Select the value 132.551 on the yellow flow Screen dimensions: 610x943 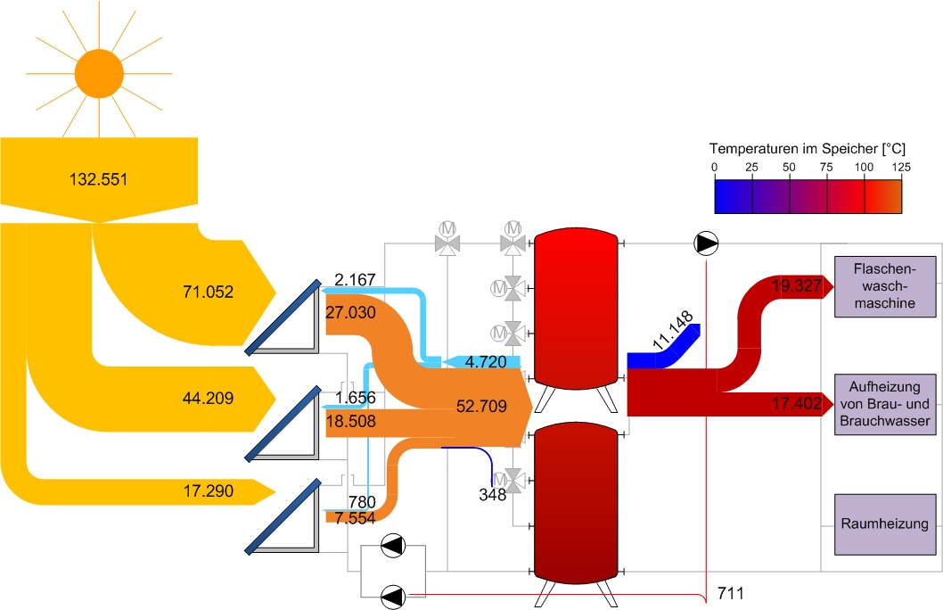tap(98, 179)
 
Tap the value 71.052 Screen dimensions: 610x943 tap(206, 291)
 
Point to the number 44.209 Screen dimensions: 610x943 tap(205, 398)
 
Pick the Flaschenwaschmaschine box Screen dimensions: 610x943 tap(886, 285)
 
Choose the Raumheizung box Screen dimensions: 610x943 tap(886, 524)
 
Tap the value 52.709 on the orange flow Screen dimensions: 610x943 tap(481, 408)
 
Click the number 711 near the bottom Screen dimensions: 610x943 tap(730, 592)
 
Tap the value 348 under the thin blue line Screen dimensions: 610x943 tap(493, 493)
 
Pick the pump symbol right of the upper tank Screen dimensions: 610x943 tap(706, 243)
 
